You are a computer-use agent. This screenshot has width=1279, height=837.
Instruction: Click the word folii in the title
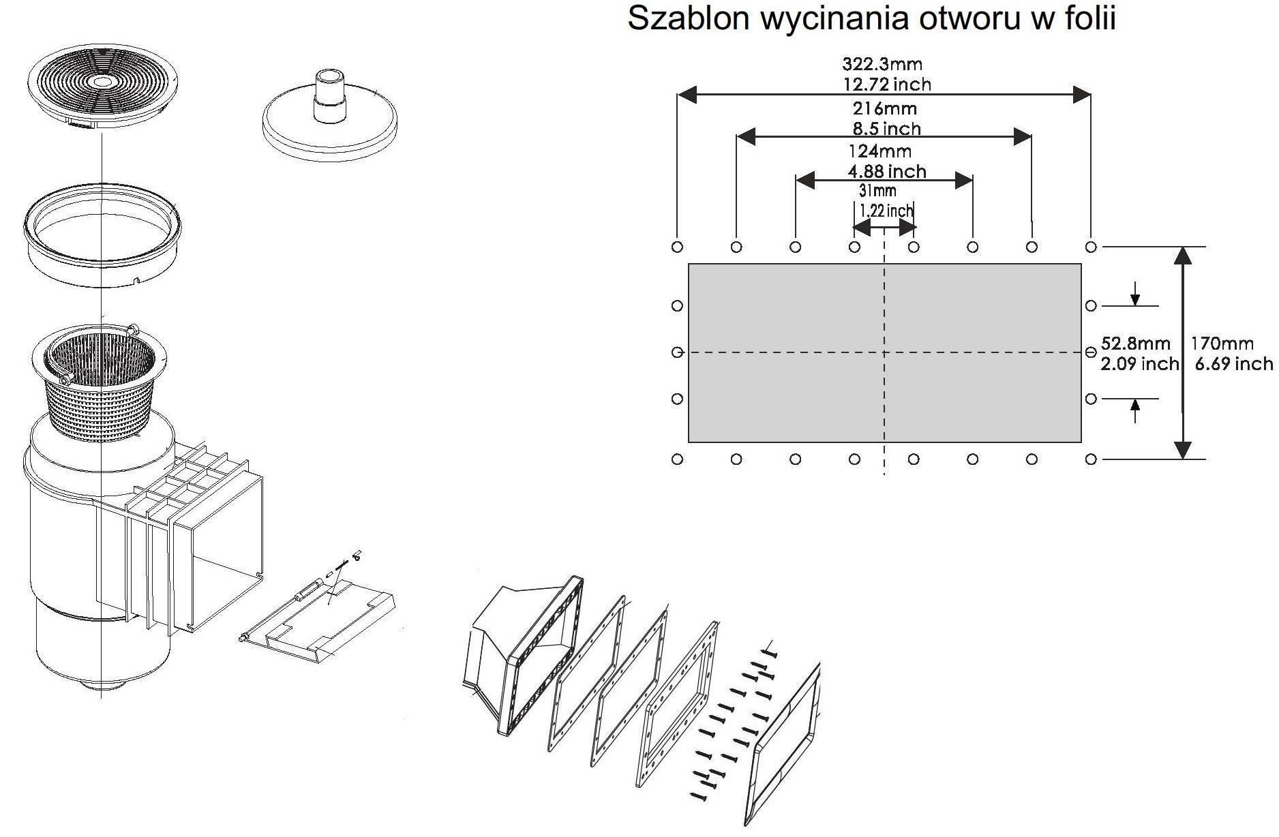point(1089,19)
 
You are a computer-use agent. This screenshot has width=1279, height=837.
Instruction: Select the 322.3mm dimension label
point(882,65)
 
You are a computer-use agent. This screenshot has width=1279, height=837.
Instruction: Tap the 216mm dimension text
point(884,108)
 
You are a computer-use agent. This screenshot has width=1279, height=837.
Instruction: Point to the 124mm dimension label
point(879,151)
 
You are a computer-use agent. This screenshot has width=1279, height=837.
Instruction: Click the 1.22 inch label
point(886,211)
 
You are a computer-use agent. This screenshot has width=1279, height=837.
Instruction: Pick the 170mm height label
point(1222,344)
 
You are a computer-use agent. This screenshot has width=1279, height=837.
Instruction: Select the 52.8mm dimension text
point(1135,344)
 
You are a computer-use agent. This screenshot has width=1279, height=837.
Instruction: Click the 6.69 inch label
point(1233,364)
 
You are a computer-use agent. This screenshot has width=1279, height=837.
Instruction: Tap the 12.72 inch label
point(886,85)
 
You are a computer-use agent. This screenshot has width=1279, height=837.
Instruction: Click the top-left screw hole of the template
point(677,247)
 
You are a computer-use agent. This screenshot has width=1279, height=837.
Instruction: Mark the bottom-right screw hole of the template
point(1091,459)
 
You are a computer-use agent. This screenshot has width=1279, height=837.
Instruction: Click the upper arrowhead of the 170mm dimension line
point(1184,256)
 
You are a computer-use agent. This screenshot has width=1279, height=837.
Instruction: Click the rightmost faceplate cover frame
point(784,746)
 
